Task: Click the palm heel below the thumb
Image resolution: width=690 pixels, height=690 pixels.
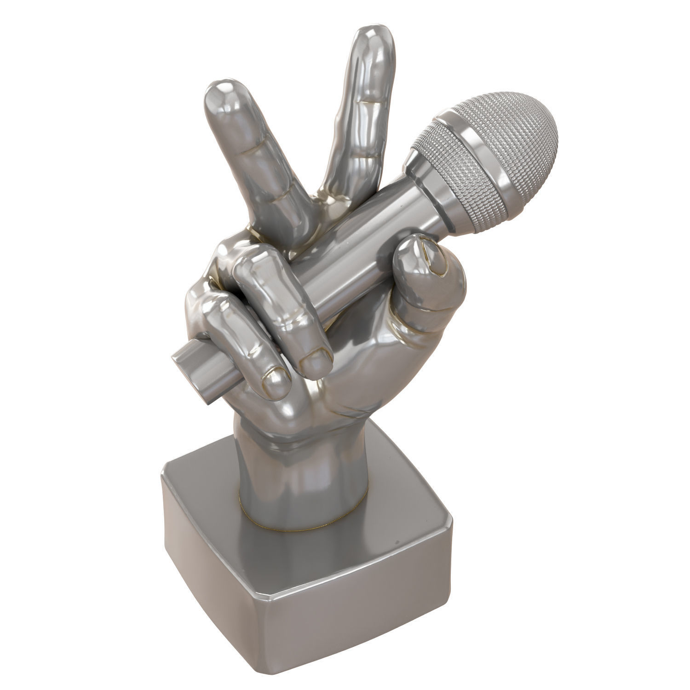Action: click(x=368, y=391)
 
